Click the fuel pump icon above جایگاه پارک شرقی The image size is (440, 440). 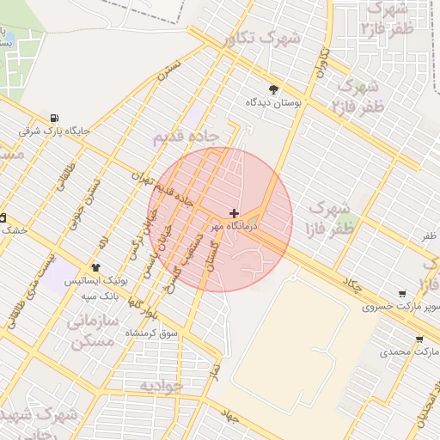[x=55, y=119]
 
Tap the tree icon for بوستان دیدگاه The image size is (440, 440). [x=274, y=89]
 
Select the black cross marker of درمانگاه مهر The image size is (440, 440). [x=234, y=212]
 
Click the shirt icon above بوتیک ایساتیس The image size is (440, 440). [x=95, y=267]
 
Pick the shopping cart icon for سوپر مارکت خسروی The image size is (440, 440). [x=401, y=293]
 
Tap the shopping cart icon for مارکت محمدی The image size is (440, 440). [x=419, y=339]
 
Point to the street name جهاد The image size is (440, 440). [x=229, y=416]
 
